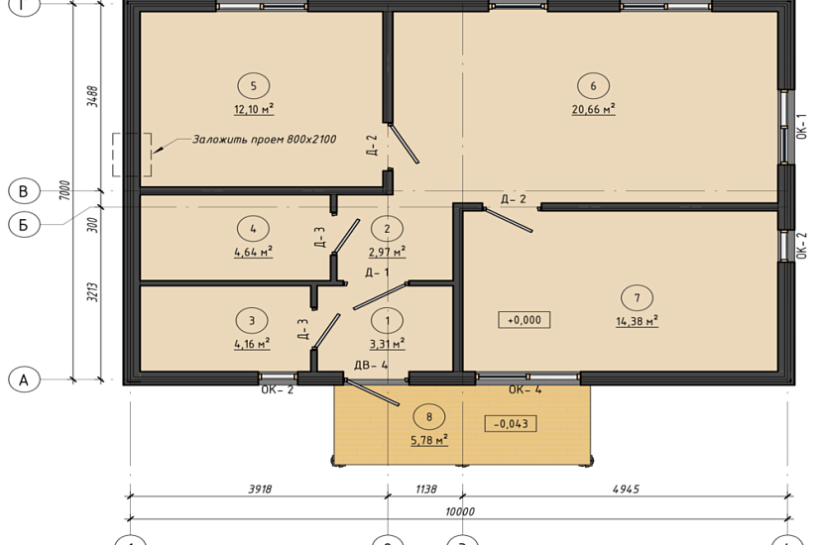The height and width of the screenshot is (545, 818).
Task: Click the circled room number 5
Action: (254, 86)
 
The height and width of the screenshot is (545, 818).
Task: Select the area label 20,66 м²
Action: (594, 109)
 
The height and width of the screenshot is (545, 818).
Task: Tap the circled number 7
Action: (637, 298)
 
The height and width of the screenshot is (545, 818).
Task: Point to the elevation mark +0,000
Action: (525, 320)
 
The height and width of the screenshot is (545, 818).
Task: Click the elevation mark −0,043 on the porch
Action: (511, 423)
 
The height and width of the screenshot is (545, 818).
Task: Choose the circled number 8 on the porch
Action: (429, 417)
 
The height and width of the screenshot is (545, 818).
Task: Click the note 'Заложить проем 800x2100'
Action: (265, 140)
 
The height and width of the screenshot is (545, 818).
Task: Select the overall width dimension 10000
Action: (460, 511)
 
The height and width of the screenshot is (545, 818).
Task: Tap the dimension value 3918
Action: (260, 490)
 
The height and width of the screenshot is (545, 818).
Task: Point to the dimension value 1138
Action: (425, 490)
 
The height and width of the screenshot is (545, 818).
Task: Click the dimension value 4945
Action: (626, 490)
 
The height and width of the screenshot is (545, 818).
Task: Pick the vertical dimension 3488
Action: (93, 96)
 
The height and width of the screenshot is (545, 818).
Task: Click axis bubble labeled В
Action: (24, 191)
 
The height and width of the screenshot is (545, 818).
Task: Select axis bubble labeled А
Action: (24, 380)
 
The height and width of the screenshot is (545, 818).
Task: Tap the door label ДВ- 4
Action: (371, 365)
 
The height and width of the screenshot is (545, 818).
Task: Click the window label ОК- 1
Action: (802, 127)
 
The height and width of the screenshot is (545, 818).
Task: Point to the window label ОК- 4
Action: (525, 389)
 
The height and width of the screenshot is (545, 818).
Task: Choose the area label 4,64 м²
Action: (254, 252)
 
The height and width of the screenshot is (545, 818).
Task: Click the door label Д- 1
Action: (377, 272)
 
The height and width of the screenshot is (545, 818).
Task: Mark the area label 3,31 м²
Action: (388, 344)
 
